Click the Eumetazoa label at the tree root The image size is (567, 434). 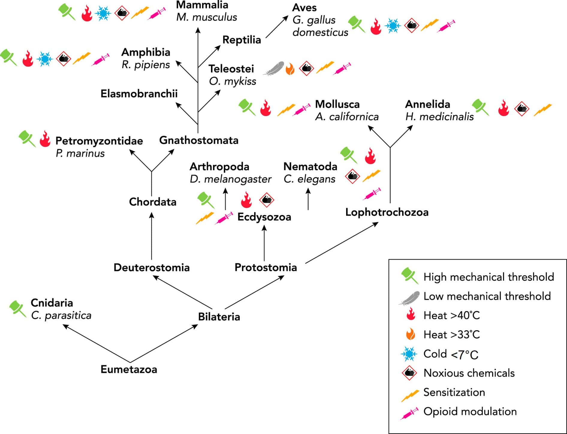click(129, 369)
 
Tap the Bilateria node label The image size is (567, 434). click(219, 317)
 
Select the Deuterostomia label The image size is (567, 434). click(152, 267)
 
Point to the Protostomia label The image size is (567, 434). click(266, 267)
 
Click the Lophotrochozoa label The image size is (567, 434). click(387, 212)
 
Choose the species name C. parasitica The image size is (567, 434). click(61, 315)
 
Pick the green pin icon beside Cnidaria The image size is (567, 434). click(17, 309)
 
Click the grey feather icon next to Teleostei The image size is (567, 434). click(274, 69)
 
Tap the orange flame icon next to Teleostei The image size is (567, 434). click(290, 69)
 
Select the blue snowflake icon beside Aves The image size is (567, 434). click(393, 26)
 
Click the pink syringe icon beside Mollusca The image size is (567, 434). click(301, 110)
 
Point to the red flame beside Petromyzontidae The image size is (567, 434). click(45, 139)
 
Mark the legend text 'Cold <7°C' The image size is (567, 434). click(451, 354)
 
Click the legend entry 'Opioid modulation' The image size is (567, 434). click(470, 412)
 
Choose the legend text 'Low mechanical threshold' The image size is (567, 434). click(487, 296)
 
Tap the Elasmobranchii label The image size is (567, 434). click(139, 94)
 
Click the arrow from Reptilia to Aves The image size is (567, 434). click(277, 27)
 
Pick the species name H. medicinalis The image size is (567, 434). click(439, 117)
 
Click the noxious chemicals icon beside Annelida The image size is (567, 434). click(522, 109)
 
